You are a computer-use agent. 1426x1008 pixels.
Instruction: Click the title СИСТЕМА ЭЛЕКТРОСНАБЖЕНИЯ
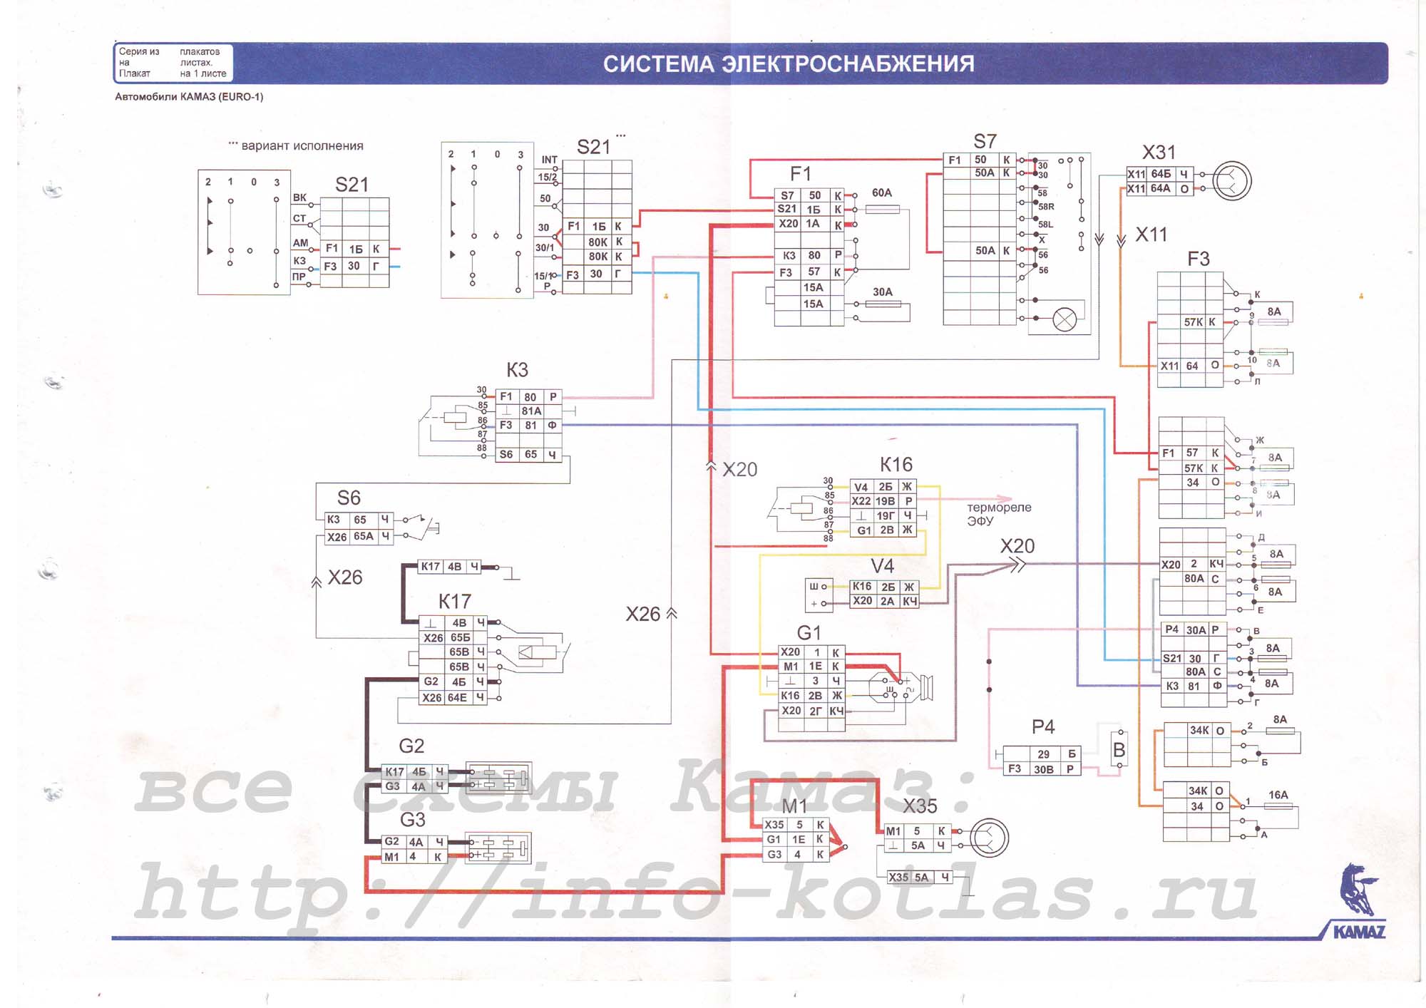788,63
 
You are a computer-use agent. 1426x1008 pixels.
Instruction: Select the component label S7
985,141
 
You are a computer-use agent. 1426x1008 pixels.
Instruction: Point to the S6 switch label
349,498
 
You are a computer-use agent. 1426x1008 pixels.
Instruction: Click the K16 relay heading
896,465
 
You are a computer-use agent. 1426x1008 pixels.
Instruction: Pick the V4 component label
882,566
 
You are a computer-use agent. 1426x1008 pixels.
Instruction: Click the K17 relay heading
454,602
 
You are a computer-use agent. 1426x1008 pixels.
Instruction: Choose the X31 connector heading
1159,153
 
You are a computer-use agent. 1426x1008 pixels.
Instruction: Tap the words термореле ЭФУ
998,514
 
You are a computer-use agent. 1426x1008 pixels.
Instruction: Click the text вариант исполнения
302,146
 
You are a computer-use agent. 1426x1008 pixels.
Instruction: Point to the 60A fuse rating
882,193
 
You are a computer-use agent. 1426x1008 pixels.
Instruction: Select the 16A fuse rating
1278,795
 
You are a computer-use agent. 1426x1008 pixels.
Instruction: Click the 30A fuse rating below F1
883,292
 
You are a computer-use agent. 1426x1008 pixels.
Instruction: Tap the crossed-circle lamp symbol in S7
1065,319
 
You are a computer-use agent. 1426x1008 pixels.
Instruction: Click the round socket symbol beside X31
1232,181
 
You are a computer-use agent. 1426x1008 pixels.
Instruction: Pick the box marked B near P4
1119,750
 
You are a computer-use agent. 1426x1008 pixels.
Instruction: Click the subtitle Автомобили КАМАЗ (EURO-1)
189,97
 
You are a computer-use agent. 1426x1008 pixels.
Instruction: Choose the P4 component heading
1042,727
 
